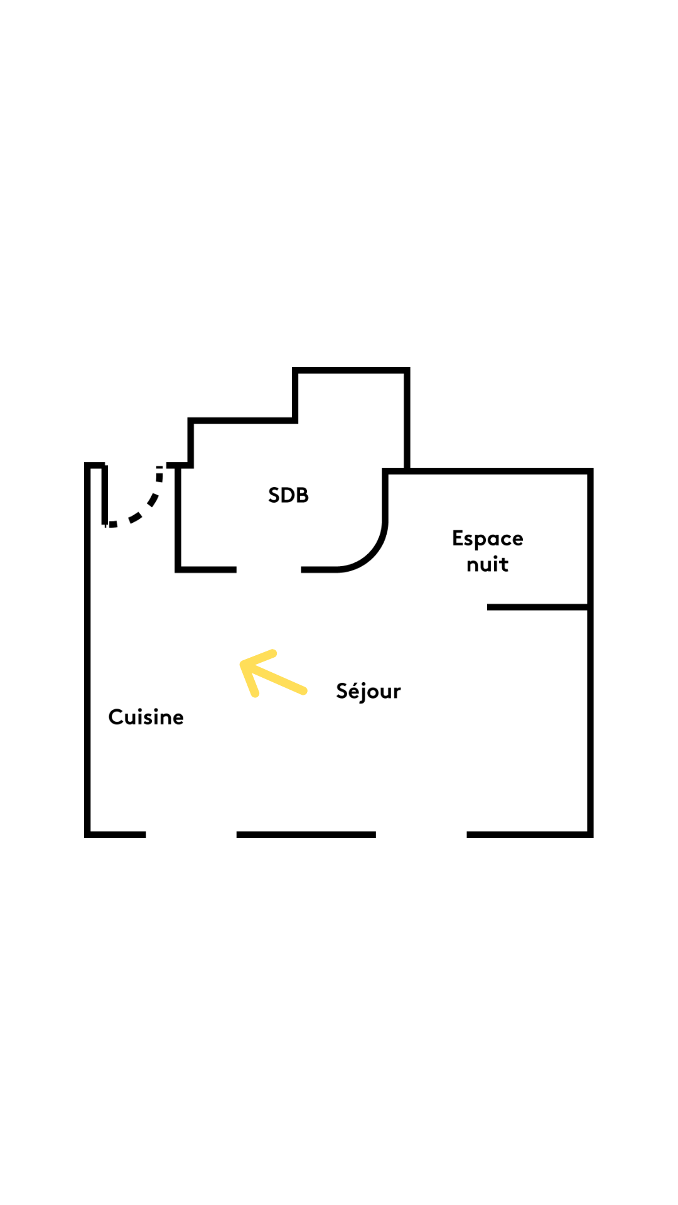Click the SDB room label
point(288,495)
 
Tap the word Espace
point(487,539)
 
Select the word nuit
point(487,564)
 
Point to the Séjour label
point(369,691)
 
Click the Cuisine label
point(146,717)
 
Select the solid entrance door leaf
point(105,495)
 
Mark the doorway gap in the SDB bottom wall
point(269,569)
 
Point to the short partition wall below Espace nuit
point(537,607)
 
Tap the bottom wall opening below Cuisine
point(191,834)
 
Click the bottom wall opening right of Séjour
point(421,834)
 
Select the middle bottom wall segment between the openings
point(306,834)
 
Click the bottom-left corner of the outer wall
point(88,834)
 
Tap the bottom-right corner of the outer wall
point(590,834)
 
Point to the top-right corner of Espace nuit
point(590,471)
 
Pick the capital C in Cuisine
point(116,717)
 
